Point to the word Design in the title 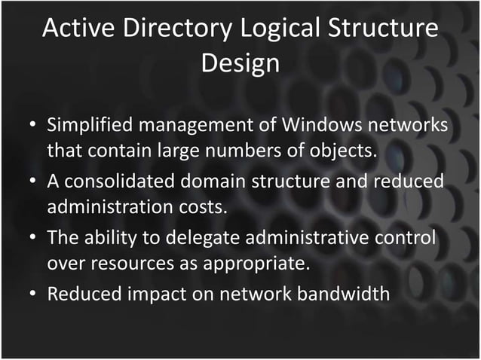[x=240, y=63]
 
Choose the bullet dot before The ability [x=34, y=239]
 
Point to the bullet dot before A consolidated [x=34, y=182]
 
